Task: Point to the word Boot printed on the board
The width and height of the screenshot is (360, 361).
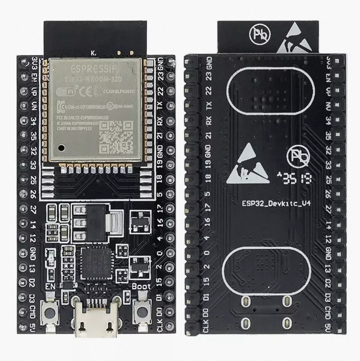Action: click(x=141, y=286)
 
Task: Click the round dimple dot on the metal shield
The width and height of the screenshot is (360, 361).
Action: click(x=60, y=148)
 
